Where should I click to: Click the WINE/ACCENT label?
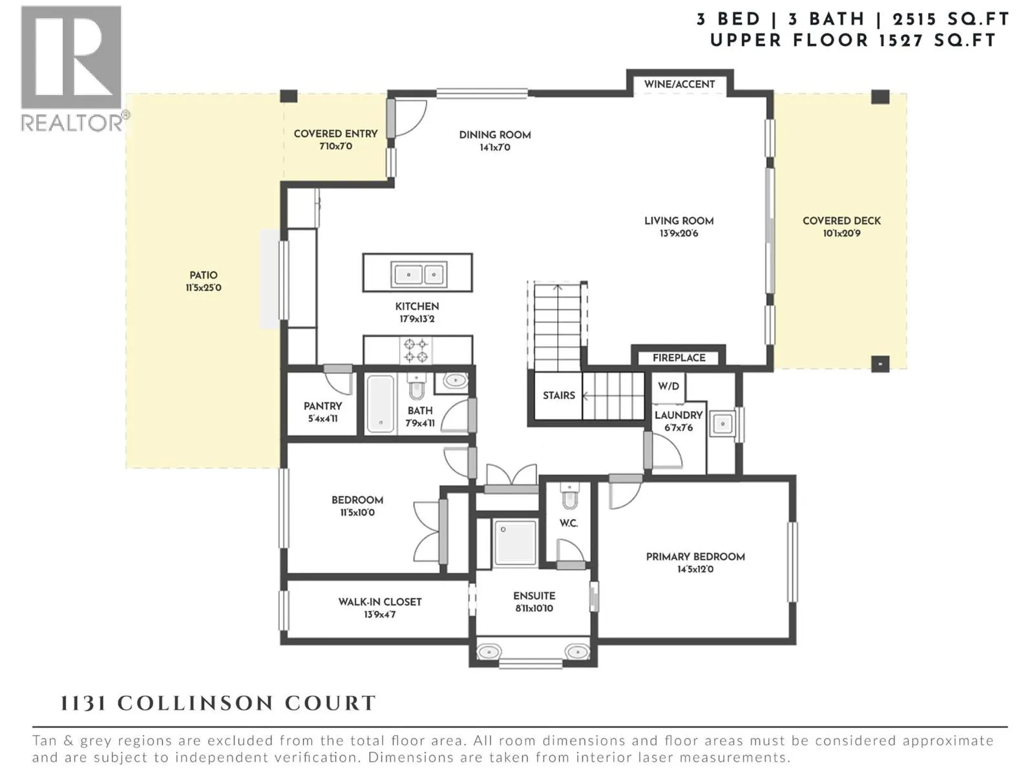coord(679,84)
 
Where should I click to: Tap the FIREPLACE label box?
coord(679,358)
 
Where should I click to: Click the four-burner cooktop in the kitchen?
coord(416,350)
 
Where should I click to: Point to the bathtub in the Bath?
coord(381,404)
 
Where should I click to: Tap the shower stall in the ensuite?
coord(515,543)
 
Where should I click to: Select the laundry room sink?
coord(722,424)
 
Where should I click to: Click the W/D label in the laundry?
coord(668,386)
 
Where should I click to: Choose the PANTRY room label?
coord(322,406)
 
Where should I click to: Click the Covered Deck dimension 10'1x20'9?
coord(841,233)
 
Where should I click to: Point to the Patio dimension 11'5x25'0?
coord(203,288)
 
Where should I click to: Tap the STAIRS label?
coord(558,395)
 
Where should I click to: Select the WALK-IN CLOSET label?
coord(380,601)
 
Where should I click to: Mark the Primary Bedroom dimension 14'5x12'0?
coord(695,570)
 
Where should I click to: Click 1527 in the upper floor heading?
coord(900,40)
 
